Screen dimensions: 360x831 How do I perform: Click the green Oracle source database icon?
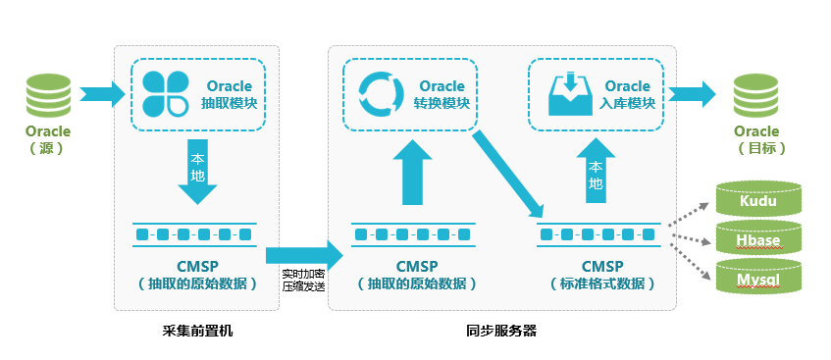coord(45,94)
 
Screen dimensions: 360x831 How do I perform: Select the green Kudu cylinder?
coord(757,201)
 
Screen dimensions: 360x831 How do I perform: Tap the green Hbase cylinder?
coord(757,239)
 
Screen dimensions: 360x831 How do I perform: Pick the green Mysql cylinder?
coord(757,279)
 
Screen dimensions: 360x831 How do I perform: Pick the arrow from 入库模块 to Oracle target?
coord(695,94)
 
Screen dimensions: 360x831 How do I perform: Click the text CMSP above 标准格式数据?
coord(601,265)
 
